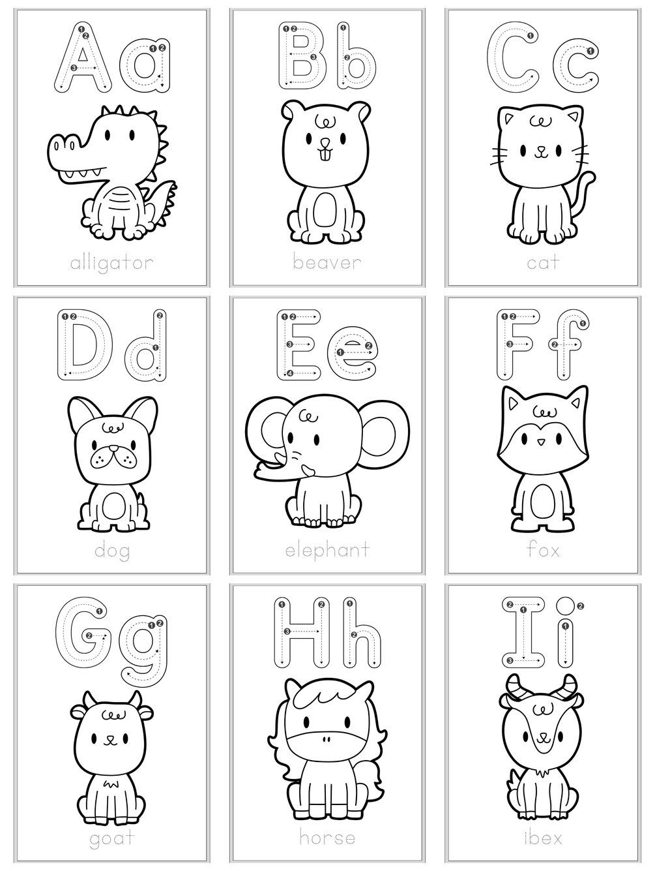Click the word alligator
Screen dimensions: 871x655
click(111, 264)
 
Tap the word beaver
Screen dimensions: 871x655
click(326, 264)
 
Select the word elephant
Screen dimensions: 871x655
click(327, 550)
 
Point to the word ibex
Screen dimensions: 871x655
click(543, 837)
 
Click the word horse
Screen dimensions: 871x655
click(327, 837)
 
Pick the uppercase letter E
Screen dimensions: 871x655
click(300, 345)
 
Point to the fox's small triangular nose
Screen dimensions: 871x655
click(540, 442)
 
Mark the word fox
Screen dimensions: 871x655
click(543, 550)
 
